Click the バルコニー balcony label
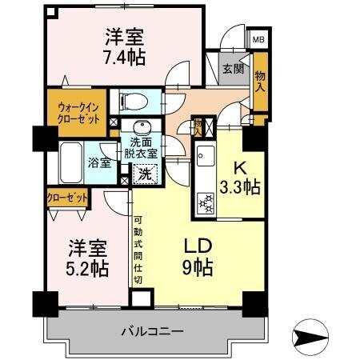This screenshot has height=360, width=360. click(x=154, y=330)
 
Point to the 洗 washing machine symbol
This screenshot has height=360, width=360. click(x=145, y=172)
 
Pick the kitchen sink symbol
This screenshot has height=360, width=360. click(x=202, y=154)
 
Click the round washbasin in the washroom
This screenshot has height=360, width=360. click(x=143, y=128)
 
